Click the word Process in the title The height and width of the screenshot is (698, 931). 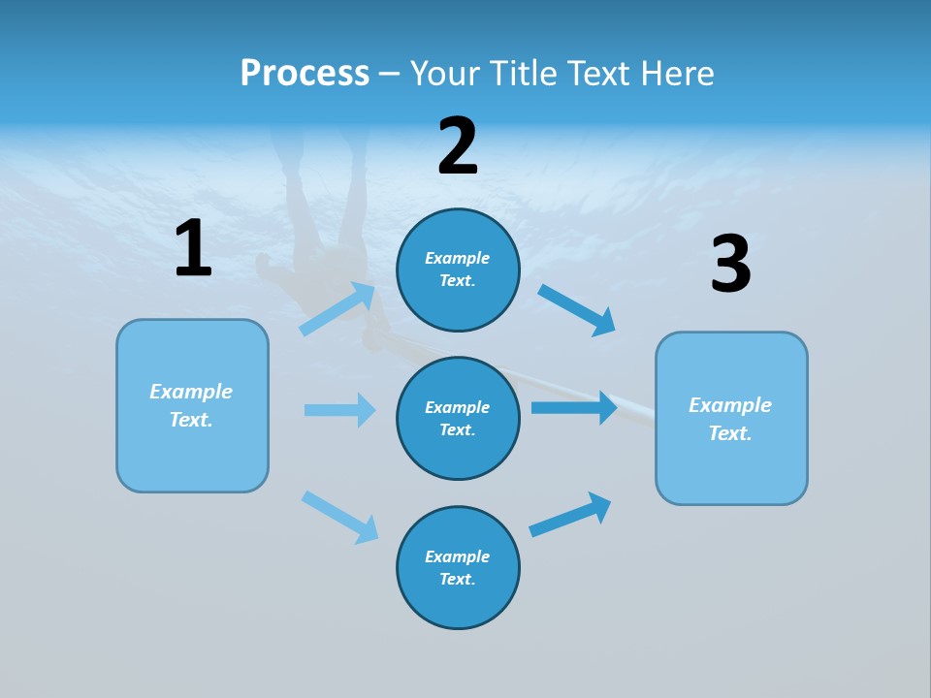(x=305, y=73)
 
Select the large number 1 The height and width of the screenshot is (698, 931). (x=192, y=249)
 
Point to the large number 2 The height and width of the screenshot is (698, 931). (x=458, y=146)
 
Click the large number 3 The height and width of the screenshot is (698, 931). (x=730, y=265)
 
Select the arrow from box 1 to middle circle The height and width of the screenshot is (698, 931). (x=339, y=410)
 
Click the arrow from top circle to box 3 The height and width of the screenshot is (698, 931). (x=577, y=310)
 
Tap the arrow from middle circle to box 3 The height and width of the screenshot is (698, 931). (x=574, y=407)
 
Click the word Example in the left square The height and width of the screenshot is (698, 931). (x=191, y=392)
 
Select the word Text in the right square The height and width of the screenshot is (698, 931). (x=728, y=433)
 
